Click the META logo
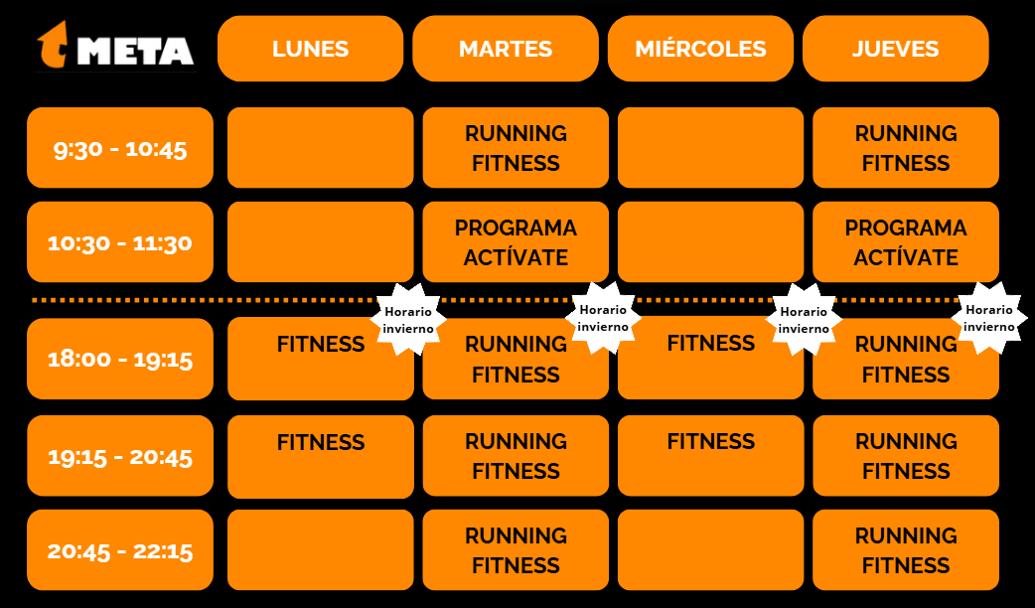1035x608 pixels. [x=116, y=48]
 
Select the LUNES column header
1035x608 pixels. [x=310, y=49]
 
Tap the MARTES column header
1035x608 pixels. [x=506, y=49]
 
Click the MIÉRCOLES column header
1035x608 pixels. [x=700, y=49]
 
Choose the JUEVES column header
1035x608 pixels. [x=895, y=49]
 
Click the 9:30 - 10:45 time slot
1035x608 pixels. [x=120, y=148]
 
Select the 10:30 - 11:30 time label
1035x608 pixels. [x=120, y=242]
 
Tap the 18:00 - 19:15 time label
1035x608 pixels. [x=120, y=359]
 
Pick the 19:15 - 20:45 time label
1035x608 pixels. [x=120, y=456]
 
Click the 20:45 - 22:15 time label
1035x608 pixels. [x=120, y=550]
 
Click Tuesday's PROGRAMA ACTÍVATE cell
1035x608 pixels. [x=516, y=242]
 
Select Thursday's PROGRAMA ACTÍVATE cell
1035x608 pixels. [x=906, y=242]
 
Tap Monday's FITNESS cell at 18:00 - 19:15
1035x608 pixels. [x=320, y=359]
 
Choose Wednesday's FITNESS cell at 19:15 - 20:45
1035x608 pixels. [x=710, y=456]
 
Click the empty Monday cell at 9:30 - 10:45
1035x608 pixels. [x=320, y=148]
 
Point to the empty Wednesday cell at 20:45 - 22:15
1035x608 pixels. [x=710, y=550]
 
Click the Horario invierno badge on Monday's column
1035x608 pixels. [x=408, y=319]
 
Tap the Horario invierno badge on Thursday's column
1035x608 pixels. [x=989, y=317]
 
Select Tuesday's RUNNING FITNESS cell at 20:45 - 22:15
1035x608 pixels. [x=516, y=550]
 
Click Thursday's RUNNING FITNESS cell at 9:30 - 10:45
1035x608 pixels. [x=906, y=148]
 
